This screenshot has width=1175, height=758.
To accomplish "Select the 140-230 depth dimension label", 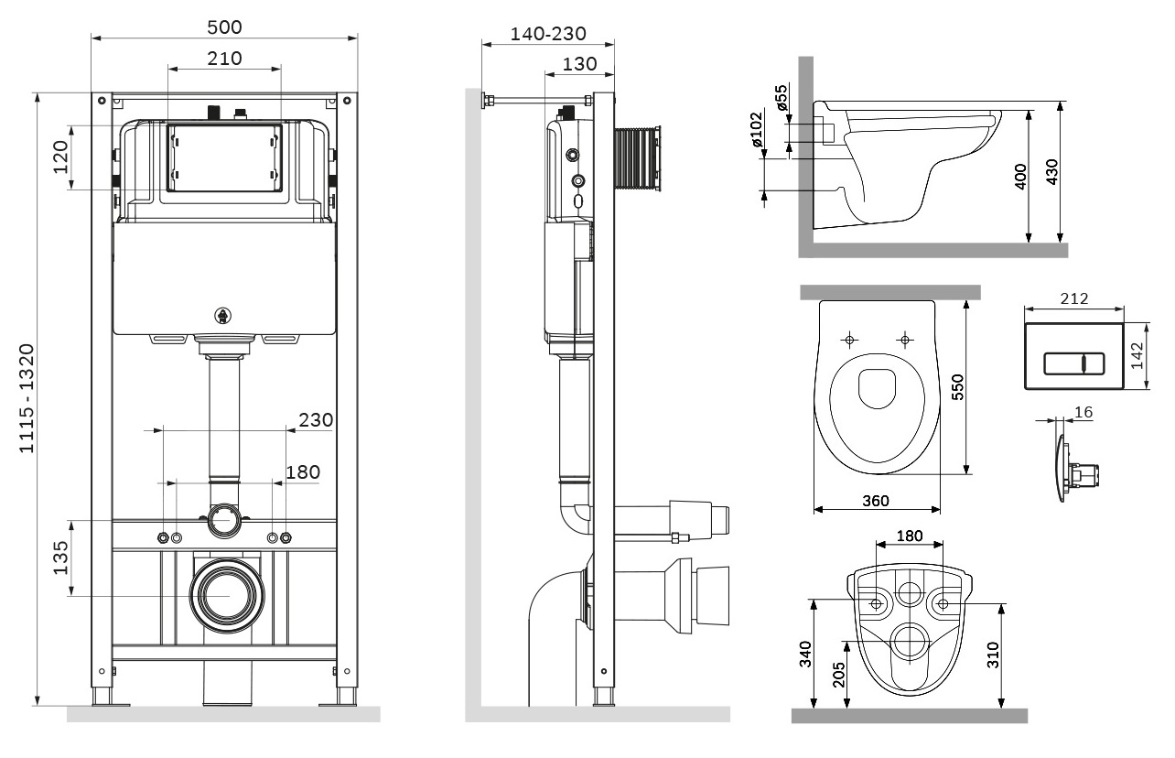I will (547, 34).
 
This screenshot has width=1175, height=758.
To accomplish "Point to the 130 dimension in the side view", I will (578, 64).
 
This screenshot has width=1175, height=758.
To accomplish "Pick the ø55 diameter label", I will (781, 99).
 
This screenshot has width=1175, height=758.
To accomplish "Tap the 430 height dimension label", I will (1051, 172).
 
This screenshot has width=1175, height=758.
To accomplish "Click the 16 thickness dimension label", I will (1083, 413).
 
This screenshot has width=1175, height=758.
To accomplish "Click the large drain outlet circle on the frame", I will (224, 593).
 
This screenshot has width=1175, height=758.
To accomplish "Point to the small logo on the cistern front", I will (222, 316).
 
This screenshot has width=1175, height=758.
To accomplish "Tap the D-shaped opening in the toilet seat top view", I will (876, 389).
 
